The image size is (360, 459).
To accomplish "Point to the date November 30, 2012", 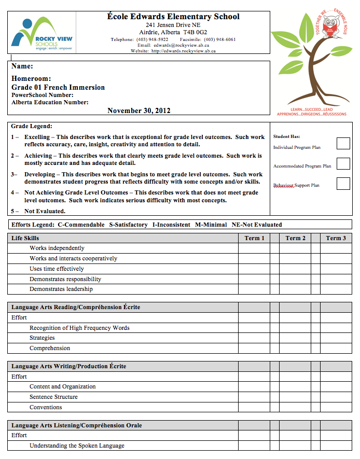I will pos(139,110).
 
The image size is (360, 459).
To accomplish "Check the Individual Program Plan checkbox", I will pos(343,143).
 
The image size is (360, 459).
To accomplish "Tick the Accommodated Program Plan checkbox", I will pos(343,163).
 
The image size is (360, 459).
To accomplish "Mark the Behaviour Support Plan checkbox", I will pos(343,184).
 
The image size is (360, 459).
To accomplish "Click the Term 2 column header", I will pos(295,238).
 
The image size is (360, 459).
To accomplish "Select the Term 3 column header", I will pos(336,238).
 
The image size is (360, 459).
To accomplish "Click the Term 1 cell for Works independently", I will pos(254,248).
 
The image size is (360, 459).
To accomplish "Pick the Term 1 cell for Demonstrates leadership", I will pos(254,289).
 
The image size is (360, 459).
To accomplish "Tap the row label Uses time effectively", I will pos(57,269).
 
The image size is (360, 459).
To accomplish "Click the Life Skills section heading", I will pos(25,238).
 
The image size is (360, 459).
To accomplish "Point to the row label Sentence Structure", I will pos(53,397).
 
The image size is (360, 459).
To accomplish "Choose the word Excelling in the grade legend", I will pos(37,137).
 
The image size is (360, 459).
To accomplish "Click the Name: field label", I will pos(22,66).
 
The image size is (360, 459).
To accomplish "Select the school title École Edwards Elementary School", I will pos(173,17).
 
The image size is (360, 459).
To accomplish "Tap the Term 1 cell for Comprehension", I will pos(254,348).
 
